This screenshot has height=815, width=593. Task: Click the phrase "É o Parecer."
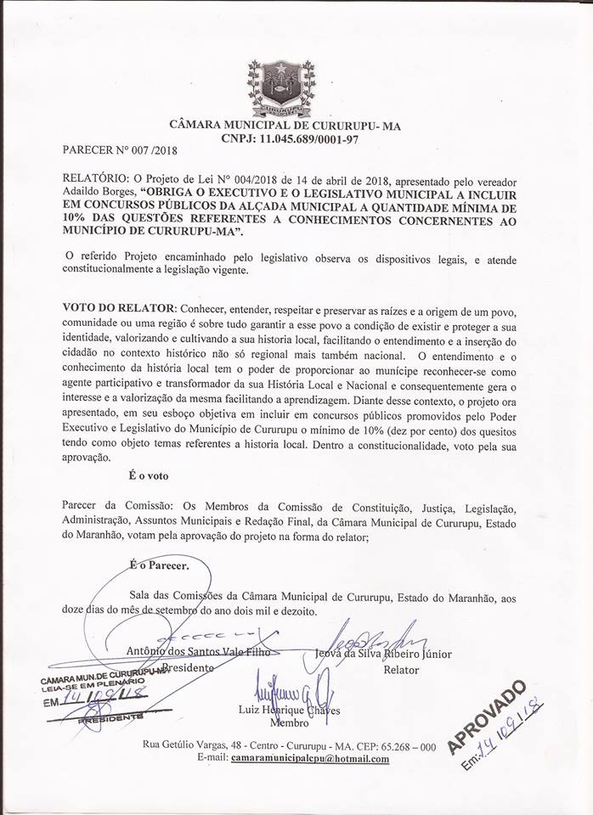pos(160,563)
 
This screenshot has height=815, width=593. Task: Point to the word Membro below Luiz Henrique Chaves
pos(289,722)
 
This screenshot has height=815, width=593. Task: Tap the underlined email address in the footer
pos(310,758)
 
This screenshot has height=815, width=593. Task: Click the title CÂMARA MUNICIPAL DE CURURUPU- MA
pos(296,126)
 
